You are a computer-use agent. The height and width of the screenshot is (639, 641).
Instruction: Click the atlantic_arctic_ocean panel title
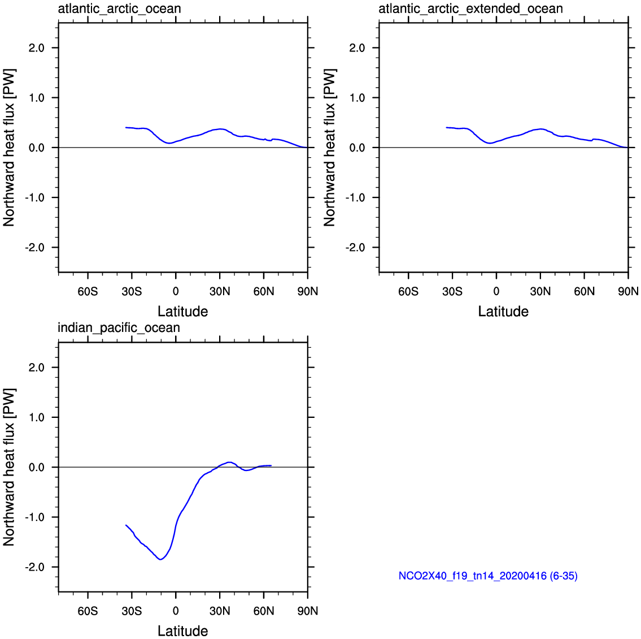[x=119, y=8]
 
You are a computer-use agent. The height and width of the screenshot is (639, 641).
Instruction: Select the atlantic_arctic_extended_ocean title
[x=470, y=8]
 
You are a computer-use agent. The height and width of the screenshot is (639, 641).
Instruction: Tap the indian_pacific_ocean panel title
[x=119, y=328]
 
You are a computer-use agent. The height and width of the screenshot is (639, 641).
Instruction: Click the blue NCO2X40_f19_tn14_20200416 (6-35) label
[x=488, y=576]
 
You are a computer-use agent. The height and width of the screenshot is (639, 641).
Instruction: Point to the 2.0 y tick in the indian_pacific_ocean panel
[x=36, y=368]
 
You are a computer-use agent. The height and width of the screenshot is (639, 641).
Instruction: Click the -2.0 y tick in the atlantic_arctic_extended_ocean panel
[x=355, y=248]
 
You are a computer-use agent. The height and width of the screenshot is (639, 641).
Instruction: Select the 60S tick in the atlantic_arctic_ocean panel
[x=88, y=291]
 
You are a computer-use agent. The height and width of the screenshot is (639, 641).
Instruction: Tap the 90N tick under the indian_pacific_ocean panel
[x=308, y=611]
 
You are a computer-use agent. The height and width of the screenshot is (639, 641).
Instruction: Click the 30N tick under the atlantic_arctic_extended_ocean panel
[x=540, y=291]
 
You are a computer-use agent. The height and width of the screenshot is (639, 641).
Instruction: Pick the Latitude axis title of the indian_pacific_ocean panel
[x=183, y=631]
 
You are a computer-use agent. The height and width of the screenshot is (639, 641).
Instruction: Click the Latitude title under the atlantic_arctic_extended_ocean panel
[x=503, y=312]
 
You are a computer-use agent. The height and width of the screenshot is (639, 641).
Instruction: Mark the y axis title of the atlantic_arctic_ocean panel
[x=9, y=148]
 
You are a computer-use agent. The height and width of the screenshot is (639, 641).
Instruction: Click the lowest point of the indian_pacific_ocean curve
[x=160, y=559]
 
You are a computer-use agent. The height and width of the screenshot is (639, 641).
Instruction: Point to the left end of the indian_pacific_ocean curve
[x=126, y=525]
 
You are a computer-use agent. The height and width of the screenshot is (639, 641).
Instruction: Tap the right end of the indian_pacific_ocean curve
[x=271, y=465]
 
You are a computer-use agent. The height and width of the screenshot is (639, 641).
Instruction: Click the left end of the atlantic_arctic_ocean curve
[x=126, y=128]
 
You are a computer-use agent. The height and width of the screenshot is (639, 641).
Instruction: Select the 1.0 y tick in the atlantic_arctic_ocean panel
[x=36, y=98]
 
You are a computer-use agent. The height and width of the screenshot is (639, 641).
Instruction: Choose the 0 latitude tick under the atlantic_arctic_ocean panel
[x=176, y=291]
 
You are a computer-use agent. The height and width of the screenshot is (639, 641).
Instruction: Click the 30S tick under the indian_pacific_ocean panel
[x=132, y=611]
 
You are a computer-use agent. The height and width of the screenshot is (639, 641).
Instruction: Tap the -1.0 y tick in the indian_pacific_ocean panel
[x=34, y=517]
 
